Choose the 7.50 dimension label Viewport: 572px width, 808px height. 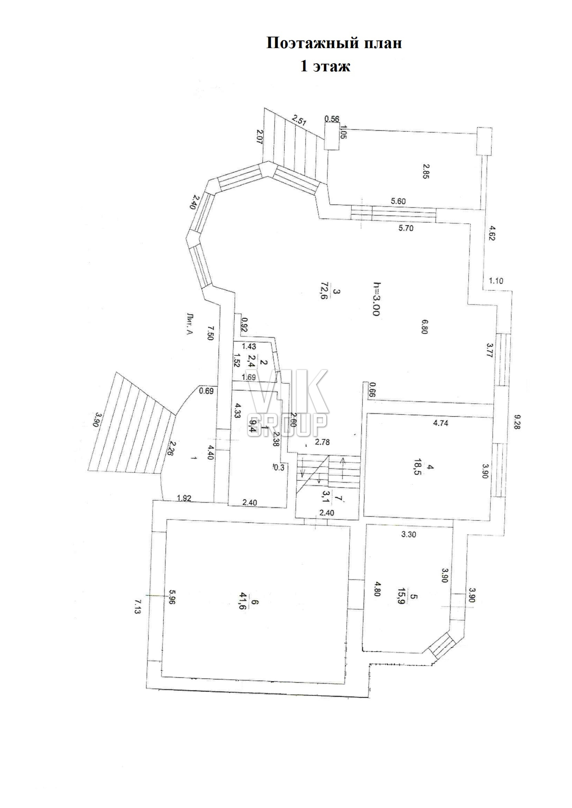pyautogui.click(x=210, y=332)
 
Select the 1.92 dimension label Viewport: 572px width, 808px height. pyautogui.click(x=184, y=498)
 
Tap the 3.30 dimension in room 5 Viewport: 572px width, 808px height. pyautogui.click(x=408, y=534)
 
